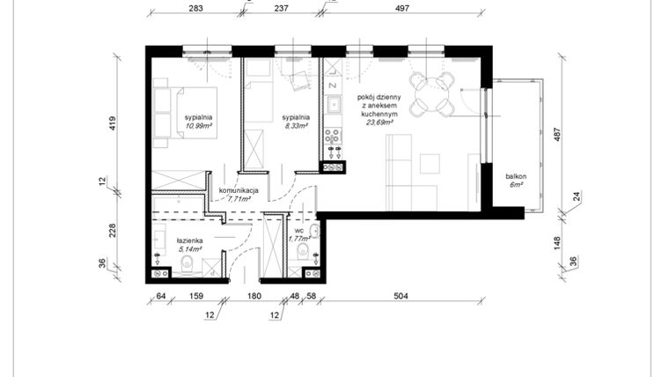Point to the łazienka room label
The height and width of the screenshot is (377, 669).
click(189, 240)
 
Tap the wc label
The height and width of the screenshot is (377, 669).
click(298, 230)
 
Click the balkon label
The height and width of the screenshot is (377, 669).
click(516, 177)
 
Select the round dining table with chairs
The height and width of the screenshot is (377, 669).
click(433, 93)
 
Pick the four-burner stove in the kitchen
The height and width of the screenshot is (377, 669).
click(334, 137)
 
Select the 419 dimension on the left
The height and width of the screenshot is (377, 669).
click(113, 122)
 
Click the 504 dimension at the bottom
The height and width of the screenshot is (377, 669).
click(401, 297)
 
